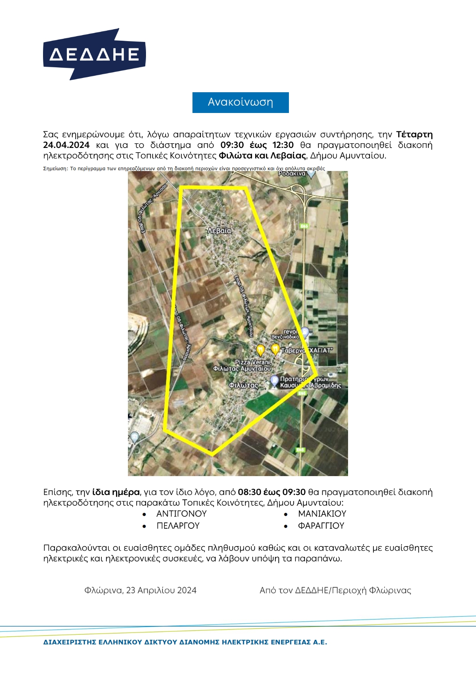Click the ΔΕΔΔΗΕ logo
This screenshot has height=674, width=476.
click(x=94, y=54)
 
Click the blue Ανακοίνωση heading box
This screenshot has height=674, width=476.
click(x=240, y=102)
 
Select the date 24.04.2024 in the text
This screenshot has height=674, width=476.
click(x=66, y=145)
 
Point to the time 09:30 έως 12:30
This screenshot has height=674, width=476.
click(x=257, y=145)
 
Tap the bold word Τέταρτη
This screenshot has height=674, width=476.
click(x=414, y=134)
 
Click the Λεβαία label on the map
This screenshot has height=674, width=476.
click(x=219, y=231)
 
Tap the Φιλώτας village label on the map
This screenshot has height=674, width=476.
click(x=244, y=385)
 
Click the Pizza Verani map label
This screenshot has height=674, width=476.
click(x=253, y=362)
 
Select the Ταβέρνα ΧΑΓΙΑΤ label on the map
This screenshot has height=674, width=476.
click(x=306, y=350)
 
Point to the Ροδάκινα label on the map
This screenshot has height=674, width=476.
click(x=292, y=174)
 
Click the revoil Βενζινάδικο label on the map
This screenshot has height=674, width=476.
click(x=286, y=334)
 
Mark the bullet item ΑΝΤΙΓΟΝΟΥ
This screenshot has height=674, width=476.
click(x=181, y=514)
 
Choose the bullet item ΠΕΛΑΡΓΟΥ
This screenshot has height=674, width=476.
click(x=178, y=526)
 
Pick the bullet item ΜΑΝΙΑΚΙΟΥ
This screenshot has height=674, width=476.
click(x=322, y=514)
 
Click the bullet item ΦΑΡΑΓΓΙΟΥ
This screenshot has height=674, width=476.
click(x=321, y=526)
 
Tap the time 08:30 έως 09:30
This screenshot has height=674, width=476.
click(x=272, y=492)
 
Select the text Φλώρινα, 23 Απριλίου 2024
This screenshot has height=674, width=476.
click(x=140, y=590)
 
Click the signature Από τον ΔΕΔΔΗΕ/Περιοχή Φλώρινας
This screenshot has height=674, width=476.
click(x=335, y=590)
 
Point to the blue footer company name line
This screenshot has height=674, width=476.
click(x=185, y=642)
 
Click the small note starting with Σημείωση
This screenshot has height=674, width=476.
click(x=184, y=168)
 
